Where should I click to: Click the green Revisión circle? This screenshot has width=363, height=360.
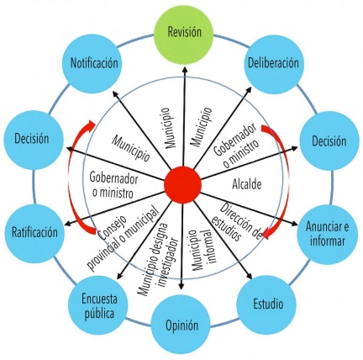pyautogui.click(x=184, y=31)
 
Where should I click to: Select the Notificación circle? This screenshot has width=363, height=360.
pyautogui.click(x=94, y=64)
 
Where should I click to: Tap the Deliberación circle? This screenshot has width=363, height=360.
pyautogui.click(x=274, y=63)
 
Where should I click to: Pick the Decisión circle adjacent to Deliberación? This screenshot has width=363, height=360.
pyautogui.click(x=329, y=140)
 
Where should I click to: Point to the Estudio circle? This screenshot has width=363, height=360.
pyautogui.click(x=268, y=304)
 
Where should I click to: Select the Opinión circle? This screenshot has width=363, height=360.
pyautogui.click(x=181, y=326)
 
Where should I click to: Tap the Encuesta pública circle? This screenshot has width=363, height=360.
pyautogui.click(x=98, y=306)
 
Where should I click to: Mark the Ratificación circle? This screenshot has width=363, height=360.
pyautogui.click(x=34, y=233)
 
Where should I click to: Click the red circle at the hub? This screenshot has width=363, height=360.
pyautogui.click(x=182, y=185)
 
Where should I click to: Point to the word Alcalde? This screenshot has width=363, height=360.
pyautogui.click(x=247, y=184)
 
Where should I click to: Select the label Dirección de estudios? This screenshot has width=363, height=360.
pyautogui.click(x=236, y=222)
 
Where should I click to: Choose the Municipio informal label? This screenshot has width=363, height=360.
pyautogui.click(x=200, y=251)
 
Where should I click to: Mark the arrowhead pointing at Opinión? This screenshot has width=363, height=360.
pyautogui.click(x=181, y=286)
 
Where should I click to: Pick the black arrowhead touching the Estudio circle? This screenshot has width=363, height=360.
pyautogui.click(x=250, y=276)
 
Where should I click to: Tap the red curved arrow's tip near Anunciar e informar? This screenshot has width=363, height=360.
pyautogui.click(x=265, y=235)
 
